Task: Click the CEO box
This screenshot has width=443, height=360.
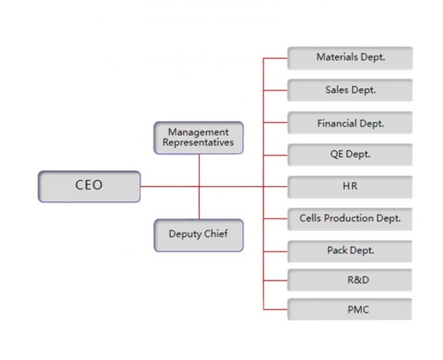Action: pos(89,186)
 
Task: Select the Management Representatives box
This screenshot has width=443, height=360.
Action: pos(199,138)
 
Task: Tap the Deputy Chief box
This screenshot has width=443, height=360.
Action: pos(199,235)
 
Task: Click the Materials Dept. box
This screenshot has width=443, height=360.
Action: pos(350,57)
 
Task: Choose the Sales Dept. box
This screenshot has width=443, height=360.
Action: pos(350,90)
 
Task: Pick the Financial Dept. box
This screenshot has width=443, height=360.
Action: pos(350,123)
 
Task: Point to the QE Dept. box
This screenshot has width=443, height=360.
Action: pos(350,155)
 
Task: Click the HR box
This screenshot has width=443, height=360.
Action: pos(350,187)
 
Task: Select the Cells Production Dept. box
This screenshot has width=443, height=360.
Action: pos(350,218)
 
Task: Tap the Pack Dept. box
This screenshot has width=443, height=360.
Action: pos(350,250)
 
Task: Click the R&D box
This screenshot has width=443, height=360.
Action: pos(350,280)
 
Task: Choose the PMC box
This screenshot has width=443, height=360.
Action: pos(350,309)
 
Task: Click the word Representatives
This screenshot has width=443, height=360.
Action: pos(198,143)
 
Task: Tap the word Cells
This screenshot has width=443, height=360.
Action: pos(311,218)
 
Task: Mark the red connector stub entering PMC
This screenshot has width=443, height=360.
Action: pos(275,309)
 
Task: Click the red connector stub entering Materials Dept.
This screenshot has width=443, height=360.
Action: pos(275,57)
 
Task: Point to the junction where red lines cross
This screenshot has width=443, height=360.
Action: pos(199,187)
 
